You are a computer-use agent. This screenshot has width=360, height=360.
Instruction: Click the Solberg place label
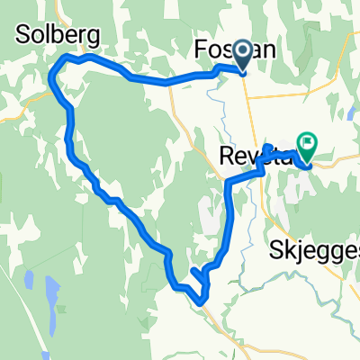coord(56,34)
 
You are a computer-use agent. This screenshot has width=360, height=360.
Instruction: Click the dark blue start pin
coord(243,58)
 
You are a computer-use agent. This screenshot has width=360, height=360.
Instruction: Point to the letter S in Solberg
coord(22,34)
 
